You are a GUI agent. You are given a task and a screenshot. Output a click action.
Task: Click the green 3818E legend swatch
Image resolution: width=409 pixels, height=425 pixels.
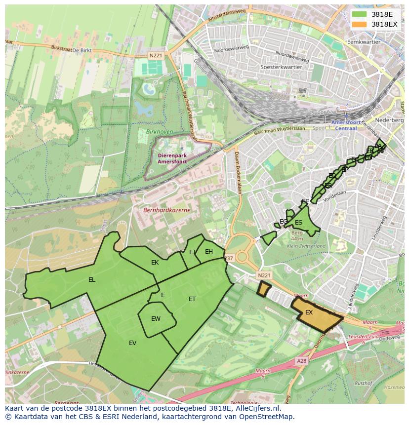click(x=359, y=14)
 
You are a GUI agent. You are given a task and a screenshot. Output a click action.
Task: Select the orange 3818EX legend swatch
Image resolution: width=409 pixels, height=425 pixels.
click(x=359, y=24)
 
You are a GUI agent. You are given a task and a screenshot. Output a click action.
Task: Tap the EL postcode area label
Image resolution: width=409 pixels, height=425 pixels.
click(x=91, y=280)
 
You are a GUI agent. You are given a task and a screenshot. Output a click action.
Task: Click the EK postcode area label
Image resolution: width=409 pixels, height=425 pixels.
click(x=155, y=263)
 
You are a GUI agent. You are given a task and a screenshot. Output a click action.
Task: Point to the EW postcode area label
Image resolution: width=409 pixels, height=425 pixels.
click(x=156, y=319)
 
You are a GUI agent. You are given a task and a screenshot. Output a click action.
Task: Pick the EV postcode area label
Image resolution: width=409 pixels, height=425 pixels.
click(x=132, y=343)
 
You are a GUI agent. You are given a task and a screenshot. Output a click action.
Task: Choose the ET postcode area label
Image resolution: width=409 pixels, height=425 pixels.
click(x=192, y=299)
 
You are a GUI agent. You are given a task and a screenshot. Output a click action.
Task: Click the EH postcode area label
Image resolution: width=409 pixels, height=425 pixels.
click(x=208, y=252)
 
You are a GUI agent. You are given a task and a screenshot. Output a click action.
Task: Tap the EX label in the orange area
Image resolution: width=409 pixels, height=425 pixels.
click(x=309, y=312)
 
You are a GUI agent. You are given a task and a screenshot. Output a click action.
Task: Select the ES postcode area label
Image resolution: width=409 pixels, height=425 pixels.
click(x=298, y=223)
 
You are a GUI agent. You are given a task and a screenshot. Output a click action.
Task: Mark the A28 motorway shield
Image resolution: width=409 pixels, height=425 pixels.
click(x=301, y=361)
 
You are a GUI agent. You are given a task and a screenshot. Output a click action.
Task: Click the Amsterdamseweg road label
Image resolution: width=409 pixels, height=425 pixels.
click(x=227, y=15)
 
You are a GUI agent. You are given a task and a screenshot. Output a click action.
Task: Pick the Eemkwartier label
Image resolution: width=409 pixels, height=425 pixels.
click(x=364, y=42)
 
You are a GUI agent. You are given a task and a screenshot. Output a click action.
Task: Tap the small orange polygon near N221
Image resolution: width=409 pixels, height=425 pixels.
click(x=264, y=289)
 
